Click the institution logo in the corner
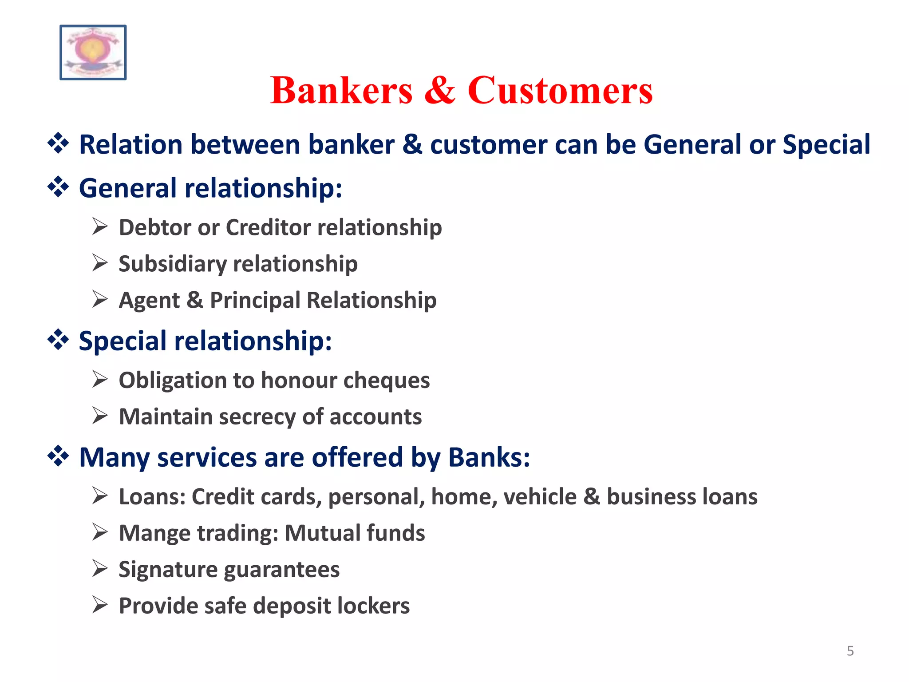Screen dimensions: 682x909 pos(93,52)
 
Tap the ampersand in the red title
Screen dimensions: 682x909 pos(439,91)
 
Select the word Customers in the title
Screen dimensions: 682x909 pos(560,91)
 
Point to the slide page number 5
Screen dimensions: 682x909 pos(850,651)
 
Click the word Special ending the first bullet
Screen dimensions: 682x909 pos(826,145)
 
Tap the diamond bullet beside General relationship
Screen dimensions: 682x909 pos(58,187)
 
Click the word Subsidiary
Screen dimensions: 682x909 pos(172,264)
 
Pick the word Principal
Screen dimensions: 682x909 pos(255,301)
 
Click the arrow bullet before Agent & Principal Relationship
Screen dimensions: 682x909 pos(100,299)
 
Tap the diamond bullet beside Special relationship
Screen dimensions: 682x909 pos(58,340)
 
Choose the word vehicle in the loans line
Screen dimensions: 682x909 pos(540,497)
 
